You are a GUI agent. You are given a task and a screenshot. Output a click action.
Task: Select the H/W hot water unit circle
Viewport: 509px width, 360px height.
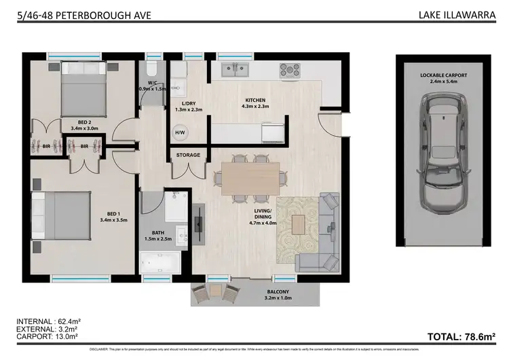point(181,132)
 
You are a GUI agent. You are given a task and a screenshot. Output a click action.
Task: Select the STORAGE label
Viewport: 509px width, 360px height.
point(188,156)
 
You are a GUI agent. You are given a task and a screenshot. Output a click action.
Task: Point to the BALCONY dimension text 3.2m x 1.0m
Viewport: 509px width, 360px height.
point(280,298)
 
